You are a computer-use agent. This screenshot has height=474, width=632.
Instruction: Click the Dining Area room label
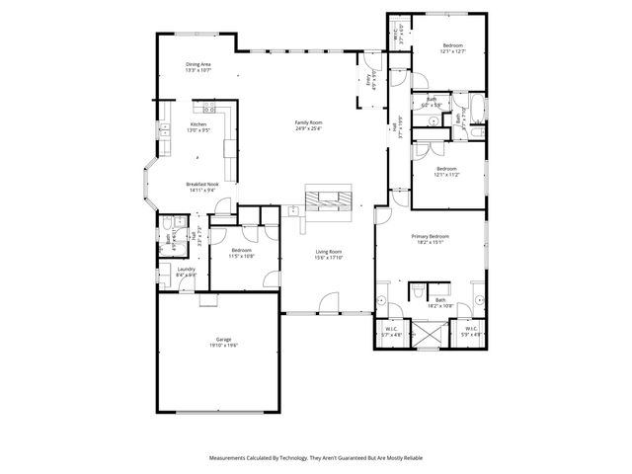click(198, 67)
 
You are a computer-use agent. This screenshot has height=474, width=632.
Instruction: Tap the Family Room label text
click(309, 124)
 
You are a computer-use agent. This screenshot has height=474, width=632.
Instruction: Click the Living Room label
click(329, 255)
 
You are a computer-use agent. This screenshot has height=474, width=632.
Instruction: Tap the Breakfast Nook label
click(200, 187)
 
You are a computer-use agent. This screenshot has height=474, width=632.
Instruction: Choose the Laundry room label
click(187, 272)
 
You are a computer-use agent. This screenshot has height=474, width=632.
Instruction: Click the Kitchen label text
click(198, 126)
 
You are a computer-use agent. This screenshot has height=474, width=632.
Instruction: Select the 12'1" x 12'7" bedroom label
click(452, 48)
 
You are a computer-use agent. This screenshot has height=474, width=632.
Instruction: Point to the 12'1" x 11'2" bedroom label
click(450, 171)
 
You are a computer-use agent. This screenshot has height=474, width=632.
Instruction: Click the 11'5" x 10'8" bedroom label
click(242, 253)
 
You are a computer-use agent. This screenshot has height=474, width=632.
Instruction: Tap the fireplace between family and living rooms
click(326, 198)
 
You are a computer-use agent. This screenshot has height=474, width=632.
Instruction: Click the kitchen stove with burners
click(209, 109)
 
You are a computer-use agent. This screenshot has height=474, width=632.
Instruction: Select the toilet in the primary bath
click(418, 290)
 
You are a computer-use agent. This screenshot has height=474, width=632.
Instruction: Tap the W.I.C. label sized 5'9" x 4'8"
click(471, 332)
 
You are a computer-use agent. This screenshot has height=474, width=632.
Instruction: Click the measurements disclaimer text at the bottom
click(315, 458)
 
